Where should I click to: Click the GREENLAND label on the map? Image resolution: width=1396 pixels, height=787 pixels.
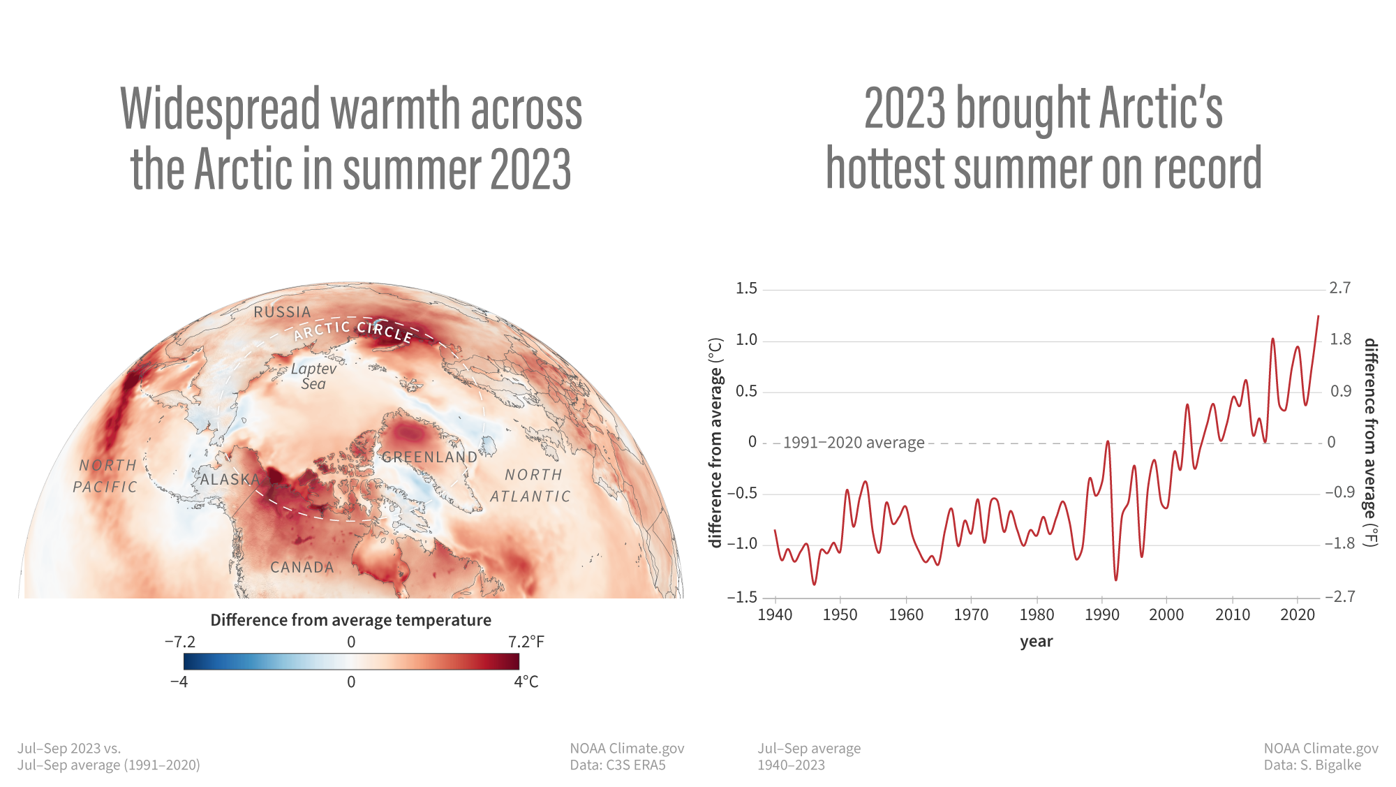429,457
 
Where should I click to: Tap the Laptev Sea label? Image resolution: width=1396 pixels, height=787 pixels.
313,376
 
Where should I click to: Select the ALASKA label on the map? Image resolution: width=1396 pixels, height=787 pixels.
230,480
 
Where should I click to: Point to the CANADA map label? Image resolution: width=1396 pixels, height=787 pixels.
302,568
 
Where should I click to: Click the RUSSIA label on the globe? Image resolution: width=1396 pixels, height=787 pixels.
282,312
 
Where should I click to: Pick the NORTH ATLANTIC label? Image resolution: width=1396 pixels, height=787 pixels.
531,485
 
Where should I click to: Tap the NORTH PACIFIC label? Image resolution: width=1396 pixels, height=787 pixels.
106,476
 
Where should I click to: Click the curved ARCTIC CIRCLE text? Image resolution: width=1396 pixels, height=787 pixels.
353,329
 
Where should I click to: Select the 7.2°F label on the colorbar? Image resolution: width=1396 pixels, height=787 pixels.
526,642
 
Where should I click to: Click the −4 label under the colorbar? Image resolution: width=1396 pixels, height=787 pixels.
179,682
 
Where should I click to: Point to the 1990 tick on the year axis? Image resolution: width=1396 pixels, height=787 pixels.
1101,615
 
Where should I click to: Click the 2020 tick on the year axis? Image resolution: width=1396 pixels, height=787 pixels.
1298,615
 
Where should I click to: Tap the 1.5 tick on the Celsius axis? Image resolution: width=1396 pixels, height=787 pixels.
746,288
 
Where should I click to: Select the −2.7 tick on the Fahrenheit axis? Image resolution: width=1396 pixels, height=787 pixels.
1339,596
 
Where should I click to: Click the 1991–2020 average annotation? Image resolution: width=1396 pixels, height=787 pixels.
854,443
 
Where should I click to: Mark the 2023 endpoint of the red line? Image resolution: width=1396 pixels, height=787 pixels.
1318,316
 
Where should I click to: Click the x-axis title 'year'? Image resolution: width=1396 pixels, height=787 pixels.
1036,642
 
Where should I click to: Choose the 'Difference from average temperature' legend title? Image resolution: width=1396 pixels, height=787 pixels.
350,620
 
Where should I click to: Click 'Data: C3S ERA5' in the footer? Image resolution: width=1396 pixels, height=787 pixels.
618,765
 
